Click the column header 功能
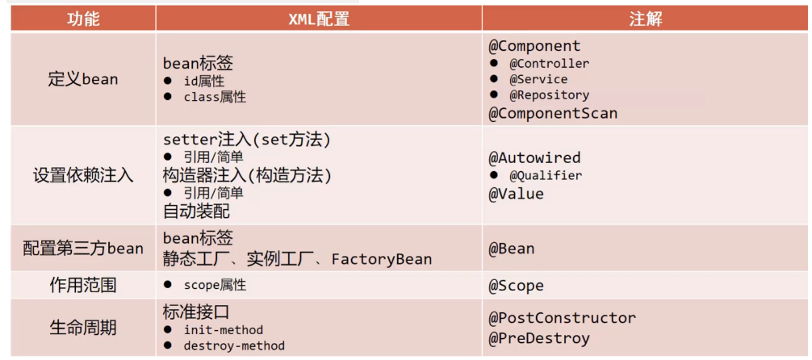83,19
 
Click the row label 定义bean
83,79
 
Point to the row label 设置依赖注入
83,175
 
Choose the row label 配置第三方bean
83,248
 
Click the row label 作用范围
83,285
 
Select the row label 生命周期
83,327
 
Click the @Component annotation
534,46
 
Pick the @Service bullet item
538,79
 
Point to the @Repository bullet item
549,95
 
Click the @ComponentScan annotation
553,113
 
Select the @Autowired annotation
534,157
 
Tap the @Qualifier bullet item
546,175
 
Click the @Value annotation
516,194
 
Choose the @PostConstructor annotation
562,318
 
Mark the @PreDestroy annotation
538,338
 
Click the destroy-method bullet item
234,345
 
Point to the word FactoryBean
382,259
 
